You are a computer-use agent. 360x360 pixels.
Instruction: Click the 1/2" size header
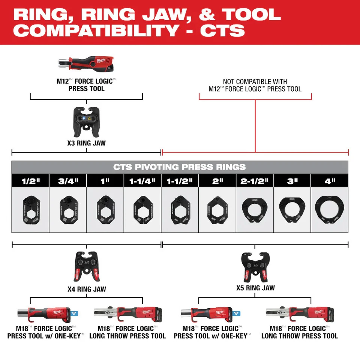point(30,181)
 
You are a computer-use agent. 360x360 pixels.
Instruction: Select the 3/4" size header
point(68,181)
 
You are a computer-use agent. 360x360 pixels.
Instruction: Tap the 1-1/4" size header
point(142,181)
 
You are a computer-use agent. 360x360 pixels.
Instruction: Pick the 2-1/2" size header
point(255,181)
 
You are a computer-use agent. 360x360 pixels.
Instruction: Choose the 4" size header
point(330,181)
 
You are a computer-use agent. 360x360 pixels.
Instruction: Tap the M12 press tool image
point(86,64)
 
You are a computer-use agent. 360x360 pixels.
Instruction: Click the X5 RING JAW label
point(255,288)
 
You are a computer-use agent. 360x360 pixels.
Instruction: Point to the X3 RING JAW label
point(87,142)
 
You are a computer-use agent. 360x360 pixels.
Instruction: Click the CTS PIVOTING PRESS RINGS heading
point(180,167)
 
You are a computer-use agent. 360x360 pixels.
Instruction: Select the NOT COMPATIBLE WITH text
point(255,82)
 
